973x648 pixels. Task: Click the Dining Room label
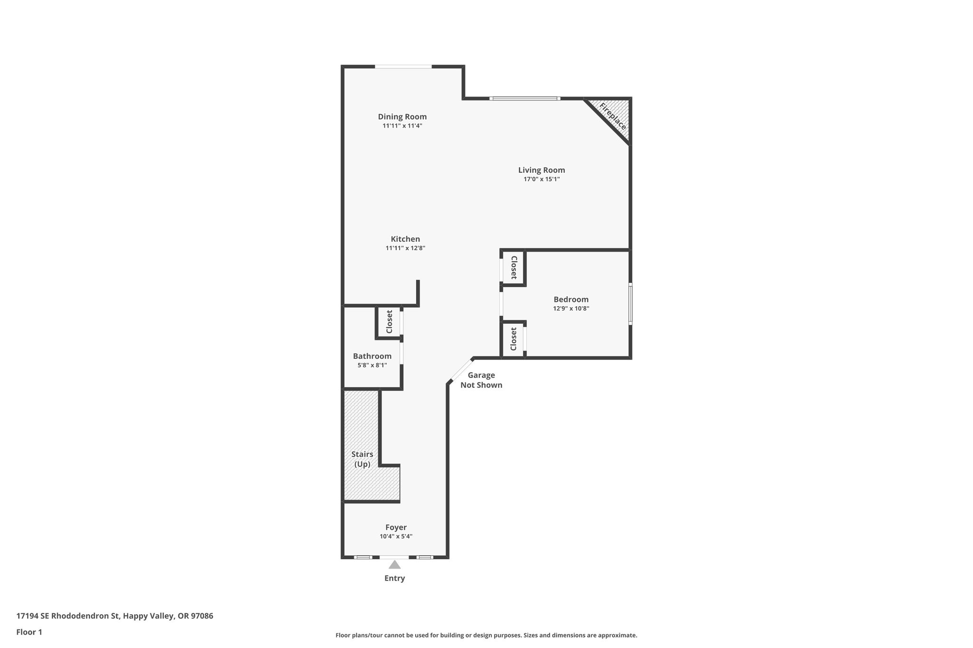(402, 117)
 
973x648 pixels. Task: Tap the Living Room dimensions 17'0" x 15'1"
(541, 179)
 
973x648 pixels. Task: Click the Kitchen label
(405, 239)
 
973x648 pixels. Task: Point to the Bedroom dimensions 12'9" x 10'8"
(571, 309)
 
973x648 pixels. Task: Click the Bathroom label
(372, 356)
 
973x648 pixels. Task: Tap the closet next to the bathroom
(389, 322)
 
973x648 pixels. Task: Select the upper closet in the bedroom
(514, 267)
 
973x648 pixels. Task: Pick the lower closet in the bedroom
(513, 339)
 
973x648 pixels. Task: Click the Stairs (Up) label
(362, 459)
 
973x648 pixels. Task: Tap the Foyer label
(396, 527)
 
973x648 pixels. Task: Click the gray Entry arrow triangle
(394, 564)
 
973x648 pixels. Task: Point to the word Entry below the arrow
(394, 578)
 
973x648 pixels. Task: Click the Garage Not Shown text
(481, 380)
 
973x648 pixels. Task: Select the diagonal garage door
(460, 370)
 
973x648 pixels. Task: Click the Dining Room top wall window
(403, 66)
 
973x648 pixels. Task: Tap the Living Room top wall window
(525, 99)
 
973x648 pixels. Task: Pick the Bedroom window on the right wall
(630, 304)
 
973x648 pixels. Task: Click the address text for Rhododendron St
(114, 616)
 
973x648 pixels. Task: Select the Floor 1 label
(29, 632)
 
